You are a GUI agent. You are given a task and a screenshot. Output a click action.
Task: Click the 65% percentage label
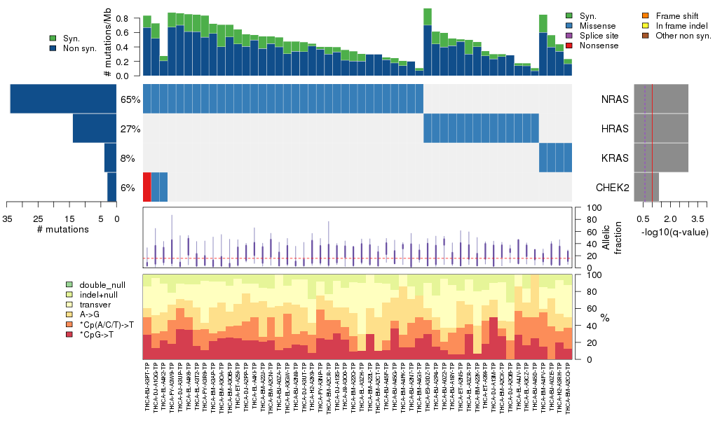(130, 99)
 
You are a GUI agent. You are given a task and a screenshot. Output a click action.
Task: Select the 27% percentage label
(130, 129)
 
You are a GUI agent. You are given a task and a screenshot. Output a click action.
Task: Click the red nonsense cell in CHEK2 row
(147, 187)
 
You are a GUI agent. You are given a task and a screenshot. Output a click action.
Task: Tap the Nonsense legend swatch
(569, 46)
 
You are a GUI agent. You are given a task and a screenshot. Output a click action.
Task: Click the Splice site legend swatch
(569, 36)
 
